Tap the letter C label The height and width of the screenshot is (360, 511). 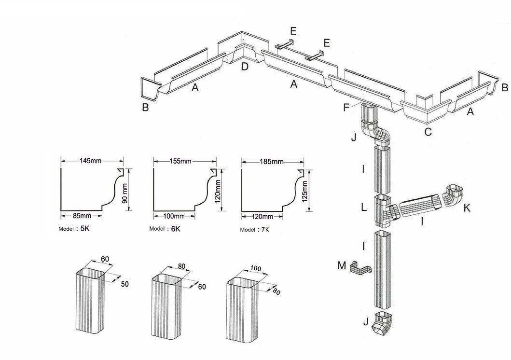[x=428, y=132]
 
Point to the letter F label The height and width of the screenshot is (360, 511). [x=346, y=107]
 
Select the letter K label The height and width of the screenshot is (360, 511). [x=467, y=208]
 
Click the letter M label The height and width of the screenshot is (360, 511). [x=342, y=264]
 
